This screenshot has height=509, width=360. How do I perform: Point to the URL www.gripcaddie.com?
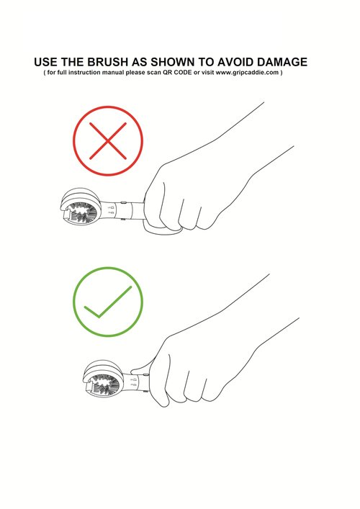tap(247, 73)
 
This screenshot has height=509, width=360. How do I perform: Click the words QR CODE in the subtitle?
tap(177, 73)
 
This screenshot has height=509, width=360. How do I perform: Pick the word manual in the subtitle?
tap(113, 73)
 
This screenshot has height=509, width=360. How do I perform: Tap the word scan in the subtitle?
tap(154, 73)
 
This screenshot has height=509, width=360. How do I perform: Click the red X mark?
tap(108, 141)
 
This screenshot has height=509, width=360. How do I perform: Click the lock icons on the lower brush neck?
tap(133, 382)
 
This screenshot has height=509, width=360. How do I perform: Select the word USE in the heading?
tap(45, 62)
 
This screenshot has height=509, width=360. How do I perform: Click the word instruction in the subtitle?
tap(84, 73)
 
